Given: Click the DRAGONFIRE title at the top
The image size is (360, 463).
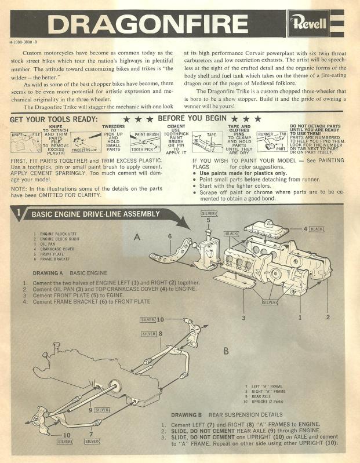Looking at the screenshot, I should click(x=148, y=24).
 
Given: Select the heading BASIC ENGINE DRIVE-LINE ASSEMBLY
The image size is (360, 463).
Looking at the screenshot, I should click(x=96, y=214).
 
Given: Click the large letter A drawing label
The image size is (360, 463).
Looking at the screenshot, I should click(x=137, y=236).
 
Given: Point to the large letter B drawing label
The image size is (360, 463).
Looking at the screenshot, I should click(x=226, y=351).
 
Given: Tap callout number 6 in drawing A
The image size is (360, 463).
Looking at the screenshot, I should click(x=170, y=236).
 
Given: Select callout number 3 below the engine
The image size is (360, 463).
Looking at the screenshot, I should click(x=243, y=318).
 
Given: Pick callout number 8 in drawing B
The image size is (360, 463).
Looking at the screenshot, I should click(x=160, y=334).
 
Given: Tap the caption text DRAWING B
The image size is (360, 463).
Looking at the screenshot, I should click(x=189, y=415).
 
